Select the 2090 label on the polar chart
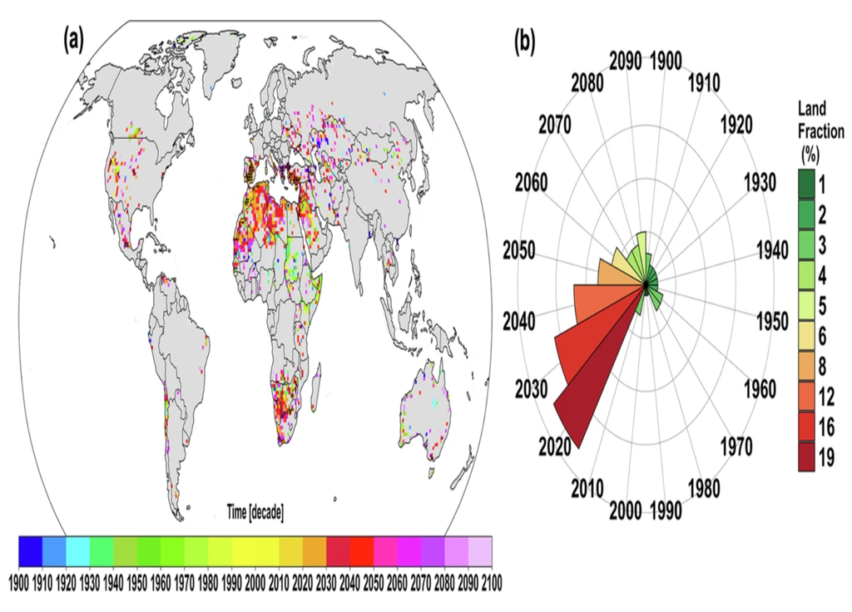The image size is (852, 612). (626, 61)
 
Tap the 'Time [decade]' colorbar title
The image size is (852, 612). (255, 513)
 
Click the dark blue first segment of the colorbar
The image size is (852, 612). (30, 550)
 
